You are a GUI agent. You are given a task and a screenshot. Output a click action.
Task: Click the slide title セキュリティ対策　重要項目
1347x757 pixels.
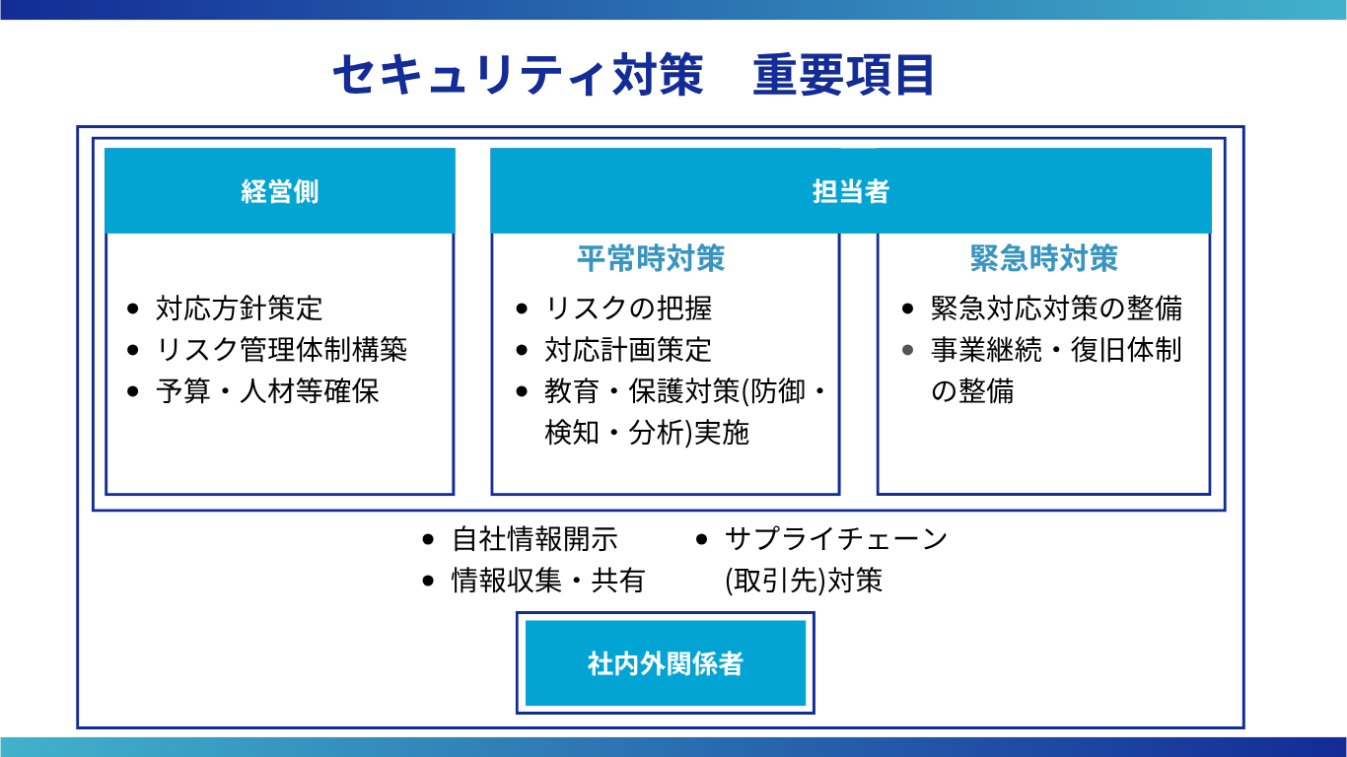click(633, 75)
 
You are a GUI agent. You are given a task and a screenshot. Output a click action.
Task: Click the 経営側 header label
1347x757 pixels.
click(280, 192)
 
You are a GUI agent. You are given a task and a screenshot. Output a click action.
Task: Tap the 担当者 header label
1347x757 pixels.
click(851, 192)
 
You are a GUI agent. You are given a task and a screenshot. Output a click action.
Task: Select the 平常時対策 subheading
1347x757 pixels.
click(651, 258)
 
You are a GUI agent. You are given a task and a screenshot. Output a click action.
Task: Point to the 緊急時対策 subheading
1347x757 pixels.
click(1044, 258)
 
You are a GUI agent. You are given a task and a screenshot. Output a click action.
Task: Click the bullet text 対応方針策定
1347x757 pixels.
click(240, 309)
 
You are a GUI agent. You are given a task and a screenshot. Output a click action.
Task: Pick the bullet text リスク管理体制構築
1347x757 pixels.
click(281, 350)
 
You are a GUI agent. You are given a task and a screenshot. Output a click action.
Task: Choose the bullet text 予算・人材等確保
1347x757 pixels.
click(267, 391)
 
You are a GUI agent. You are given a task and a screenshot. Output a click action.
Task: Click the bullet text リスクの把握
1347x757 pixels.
click(628, 309)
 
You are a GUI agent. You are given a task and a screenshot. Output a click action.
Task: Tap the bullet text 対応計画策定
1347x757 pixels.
click(628, 350)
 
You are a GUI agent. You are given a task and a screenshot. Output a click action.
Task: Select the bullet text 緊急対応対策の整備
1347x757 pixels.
click(1056, 309)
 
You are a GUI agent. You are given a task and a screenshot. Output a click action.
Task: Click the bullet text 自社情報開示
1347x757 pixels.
click(534, 539)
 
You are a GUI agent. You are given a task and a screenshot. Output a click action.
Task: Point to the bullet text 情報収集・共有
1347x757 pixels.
click(548, 581)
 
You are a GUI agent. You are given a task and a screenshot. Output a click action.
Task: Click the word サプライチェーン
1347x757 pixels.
click(836, 539)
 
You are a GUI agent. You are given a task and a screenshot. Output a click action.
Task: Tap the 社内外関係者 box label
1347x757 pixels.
click(665, 663)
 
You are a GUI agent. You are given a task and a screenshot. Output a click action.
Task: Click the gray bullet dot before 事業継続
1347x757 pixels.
click(908, 350)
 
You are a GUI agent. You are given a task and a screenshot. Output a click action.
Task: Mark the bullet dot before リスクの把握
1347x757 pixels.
click(522, 310)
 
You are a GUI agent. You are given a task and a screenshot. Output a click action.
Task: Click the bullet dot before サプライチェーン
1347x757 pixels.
click(701, 539)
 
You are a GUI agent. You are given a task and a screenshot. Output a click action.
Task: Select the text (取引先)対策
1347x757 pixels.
click(804, 581)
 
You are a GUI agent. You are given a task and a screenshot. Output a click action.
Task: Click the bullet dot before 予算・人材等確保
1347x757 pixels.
click(133, 392)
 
